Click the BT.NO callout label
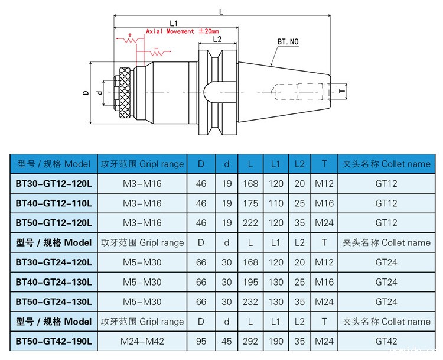click(x=288, y=43)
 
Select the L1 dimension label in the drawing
click(x=174, y=22)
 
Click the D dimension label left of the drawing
click(x=85, y=92)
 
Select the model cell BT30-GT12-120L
click(x=54, y=184)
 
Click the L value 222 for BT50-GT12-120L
click(x=250, y=223)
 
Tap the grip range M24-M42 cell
click(x=142, y=341)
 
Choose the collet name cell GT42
click(x=386, y=341)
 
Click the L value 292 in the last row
click(x=250, y=341)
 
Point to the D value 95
click(x=201, y=341)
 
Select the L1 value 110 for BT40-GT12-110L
click(x=276, y=203)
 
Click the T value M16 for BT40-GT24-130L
click(x=324, y=282)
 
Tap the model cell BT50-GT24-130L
click(x=54, y=301)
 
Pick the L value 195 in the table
click(x=250, y=282)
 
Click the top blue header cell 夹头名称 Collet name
click(x=386, y=164)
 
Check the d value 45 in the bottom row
click(x=226, y=341)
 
